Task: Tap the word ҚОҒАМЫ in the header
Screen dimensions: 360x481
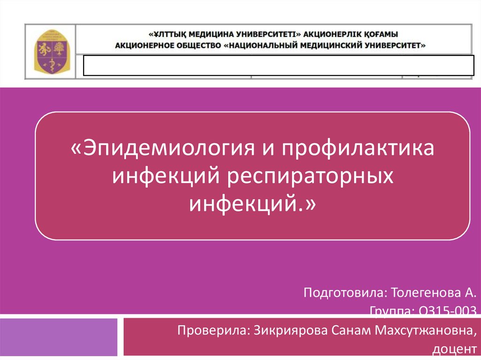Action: click(x=380, y=34)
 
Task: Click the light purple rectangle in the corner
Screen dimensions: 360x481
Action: click(x=59, y=337)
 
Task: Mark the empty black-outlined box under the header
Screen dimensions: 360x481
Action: click(x=279, y=65)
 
